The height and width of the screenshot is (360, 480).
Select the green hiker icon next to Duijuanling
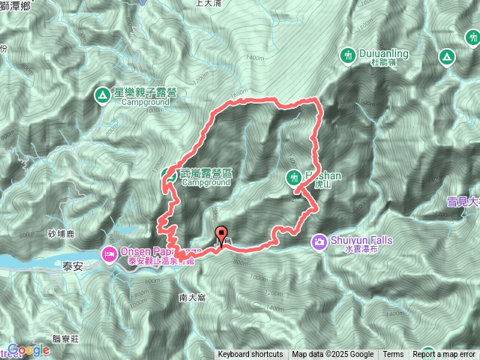coord(347,55)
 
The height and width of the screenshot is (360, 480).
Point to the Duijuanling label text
coord(382,55)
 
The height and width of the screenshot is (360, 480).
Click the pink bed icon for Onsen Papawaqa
coord(110,254)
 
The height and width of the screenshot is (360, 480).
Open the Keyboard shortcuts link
coord(250,355)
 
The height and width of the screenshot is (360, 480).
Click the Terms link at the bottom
coord(393,355)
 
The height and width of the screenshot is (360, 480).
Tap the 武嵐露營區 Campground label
coord(205,177)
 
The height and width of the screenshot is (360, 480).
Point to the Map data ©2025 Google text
coord(332,355)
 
